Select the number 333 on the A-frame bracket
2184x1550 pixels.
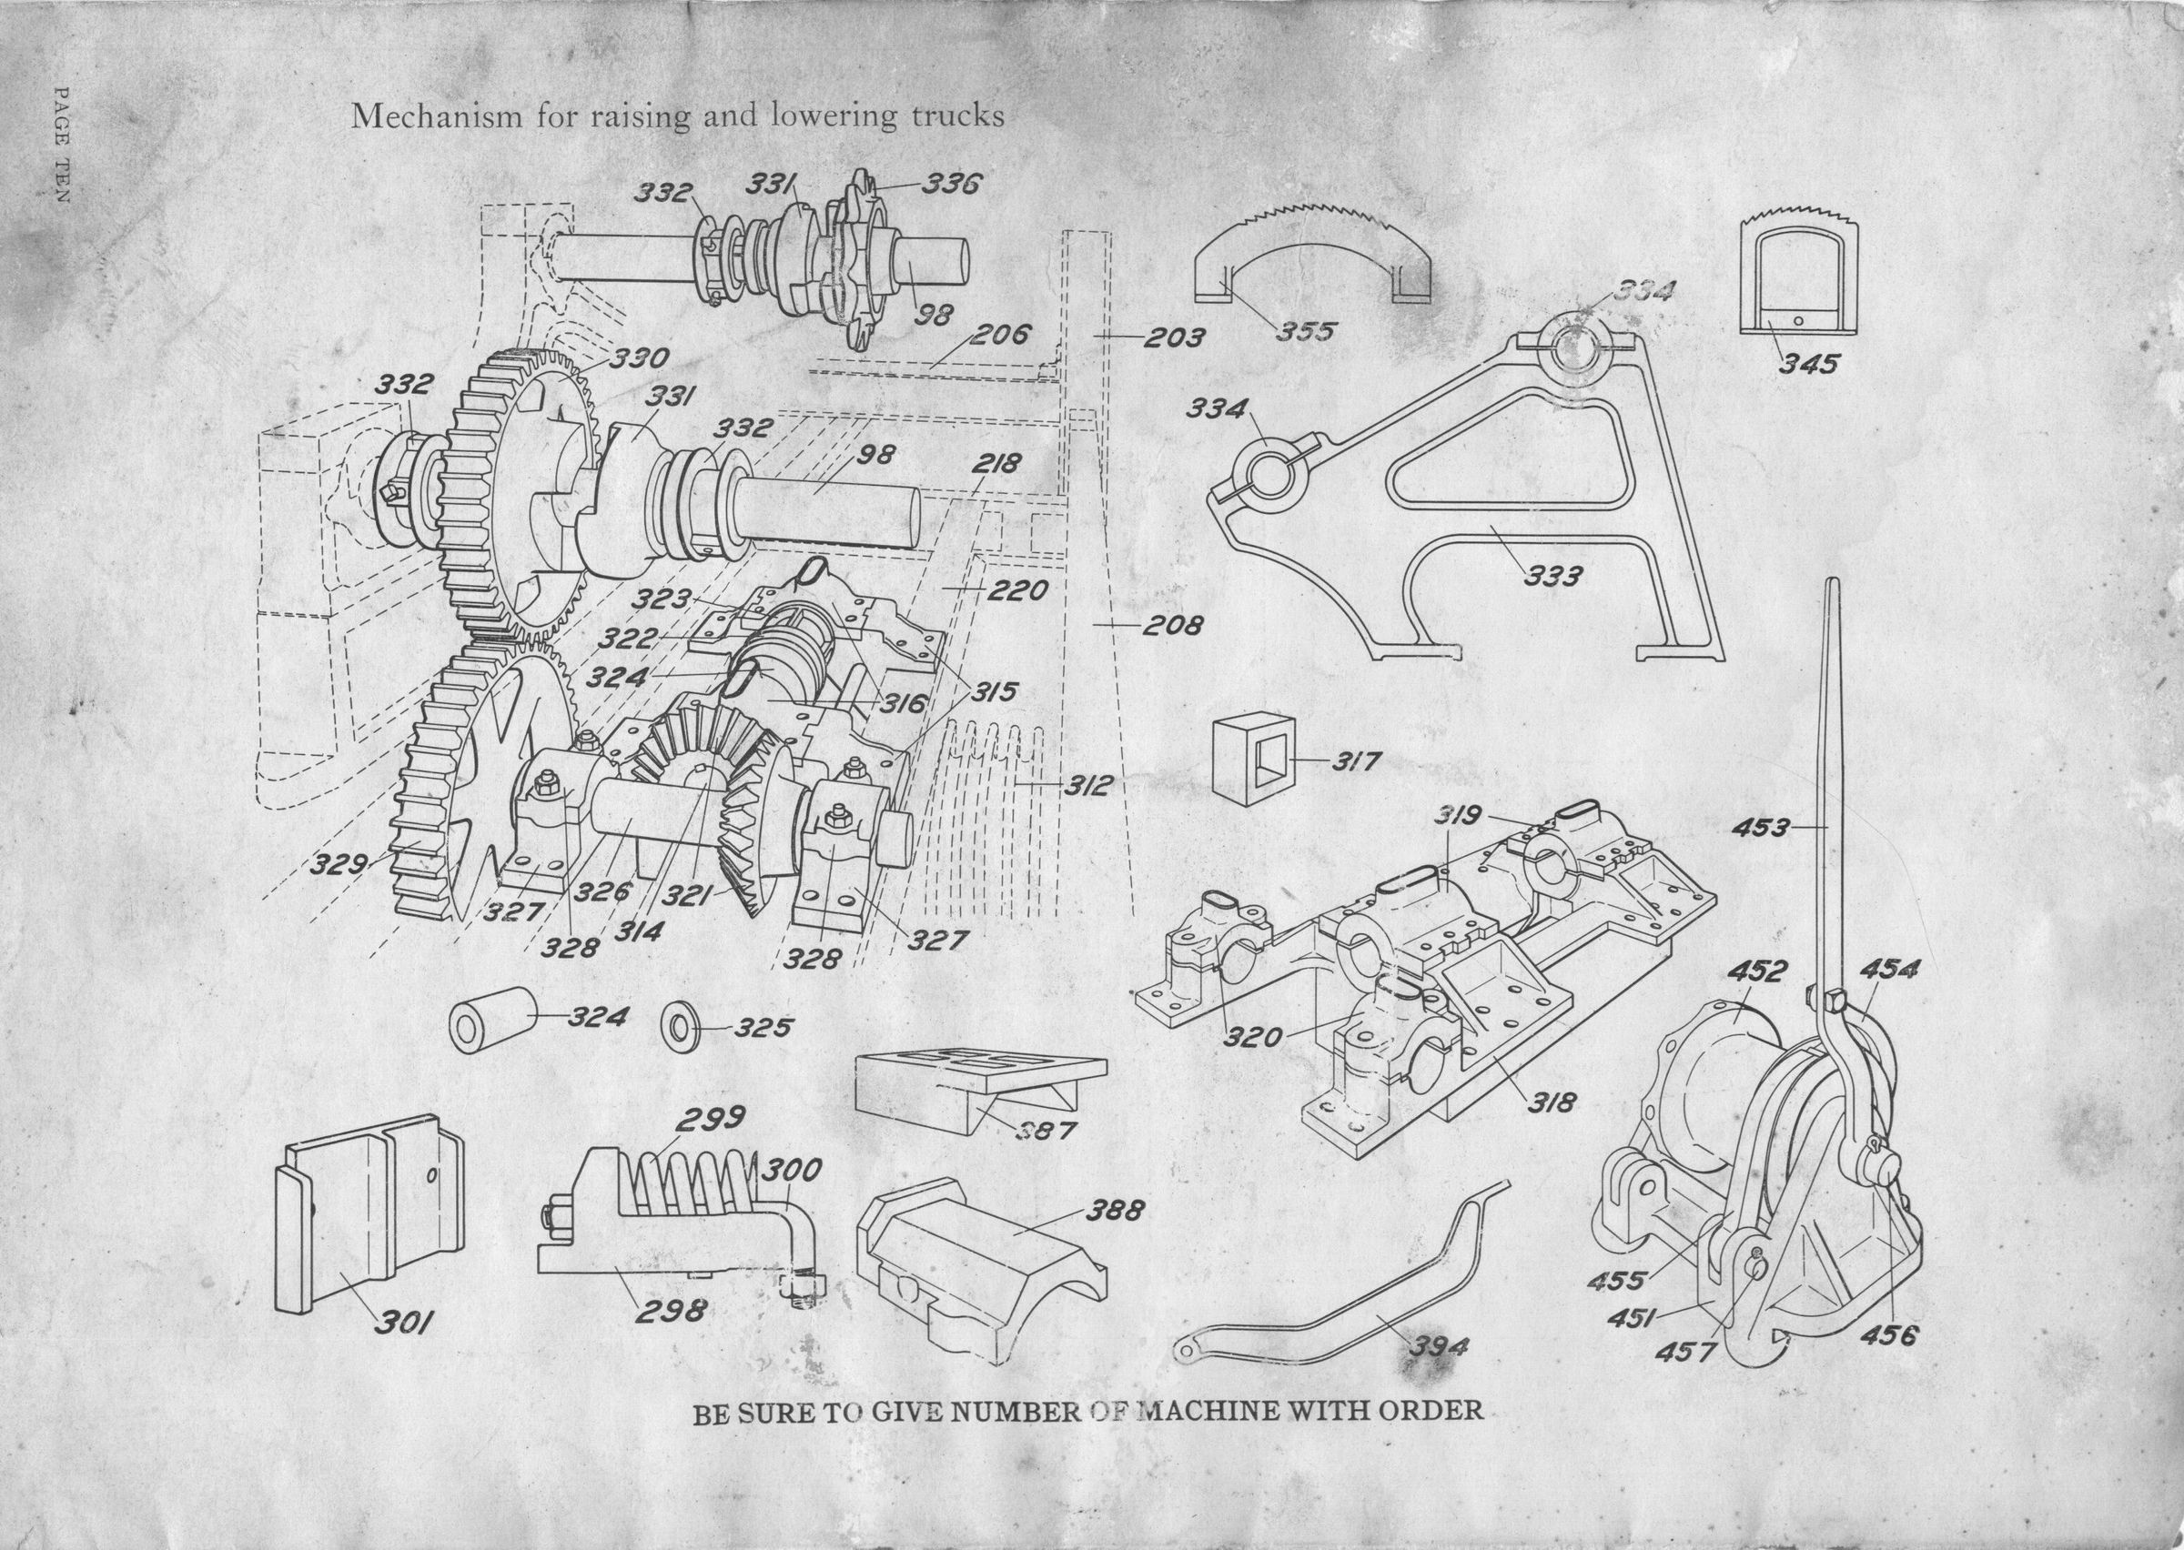pos(1553,576)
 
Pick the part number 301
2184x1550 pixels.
pos(404,1323)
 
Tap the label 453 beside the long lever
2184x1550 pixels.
pos(1760,828)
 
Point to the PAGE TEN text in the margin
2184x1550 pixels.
pos(62,143)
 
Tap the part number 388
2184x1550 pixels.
pos(1114,1212)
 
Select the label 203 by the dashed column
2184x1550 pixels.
pos(1173,337)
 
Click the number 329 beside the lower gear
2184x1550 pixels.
pos(339,865)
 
